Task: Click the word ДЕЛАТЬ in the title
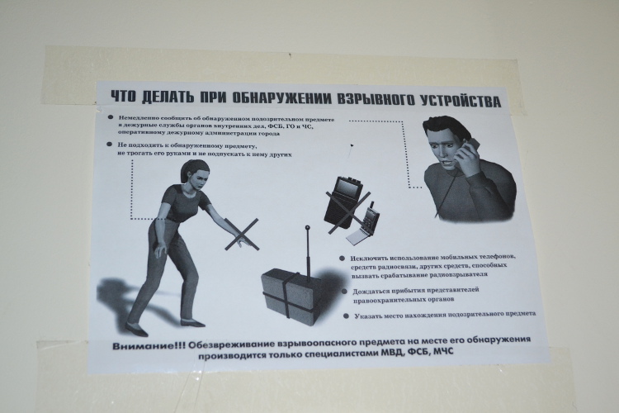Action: [x=168, y=97]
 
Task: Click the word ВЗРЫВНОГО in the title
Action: [x=375, y=99]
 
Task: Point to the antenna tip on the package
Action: [x=308, y=228]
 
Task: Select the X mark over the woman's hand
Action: [x=242, y=235]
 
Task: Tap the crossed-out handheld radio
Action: [x=343, y=202]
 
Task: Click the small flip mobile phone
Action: [x=363, y=225]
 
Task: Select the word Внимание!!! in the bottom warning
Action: [x=149, y=346]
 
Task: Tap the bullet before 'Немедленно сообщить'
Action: [x=111, y=117]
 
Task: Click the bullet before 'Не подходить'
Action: [x=109, y=145]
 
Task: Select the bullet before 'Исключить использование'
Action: [x=342, y=259]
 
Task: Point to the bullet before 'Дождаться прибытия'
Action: [x=344, y=292]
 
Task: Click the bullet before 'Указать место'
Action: [x=346, y=316]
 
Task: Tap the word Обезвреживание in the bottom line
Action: [x=231, y=344]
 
